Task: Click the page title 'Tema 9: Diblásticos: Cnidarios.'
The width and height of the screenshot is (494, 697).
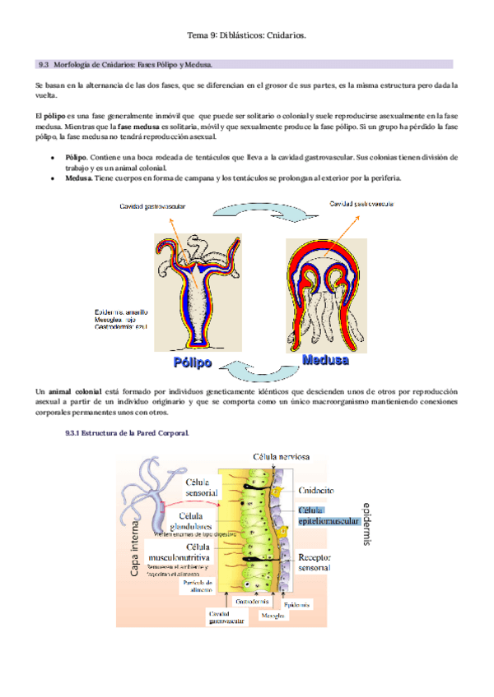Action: tap(247, 35)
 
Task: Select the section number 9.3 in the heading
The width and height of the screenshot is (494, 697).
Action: tap(45, 64)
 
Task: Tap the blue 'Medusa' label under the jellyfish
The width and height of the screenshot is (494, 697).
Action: tap(325, 360)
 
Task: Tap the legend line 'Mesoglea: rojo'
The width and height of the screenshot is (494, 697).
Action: tap(121, 321)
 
